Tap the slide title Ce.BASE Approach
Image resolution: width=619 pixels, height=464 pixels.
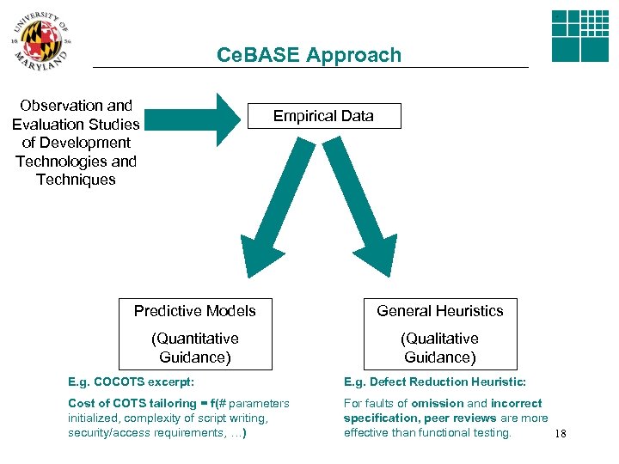click(x=309, y=55)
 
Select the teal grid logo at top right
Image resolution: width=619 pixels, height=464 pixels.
click(x=579, y=36)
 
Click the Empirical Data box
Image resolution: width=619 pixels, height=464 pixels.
click(x=323, y=116)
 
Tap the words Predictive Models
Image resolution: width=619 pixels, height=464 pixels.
click(x=195, y=311)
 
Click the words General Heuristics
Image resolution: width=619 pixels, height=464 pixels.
click(x=440, y=311)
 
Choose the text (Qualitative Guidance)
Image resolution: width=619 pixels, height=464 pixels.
click(x=440, y=348)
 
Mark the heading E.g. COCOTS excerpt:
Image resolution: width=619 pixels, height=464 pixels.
click(x=131, y=382)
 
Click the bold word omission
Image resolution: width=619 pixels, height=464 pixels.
click(x=437, y=404)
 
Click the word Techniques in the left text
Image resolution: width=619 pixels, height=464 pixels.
click(x=76, y=180)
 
